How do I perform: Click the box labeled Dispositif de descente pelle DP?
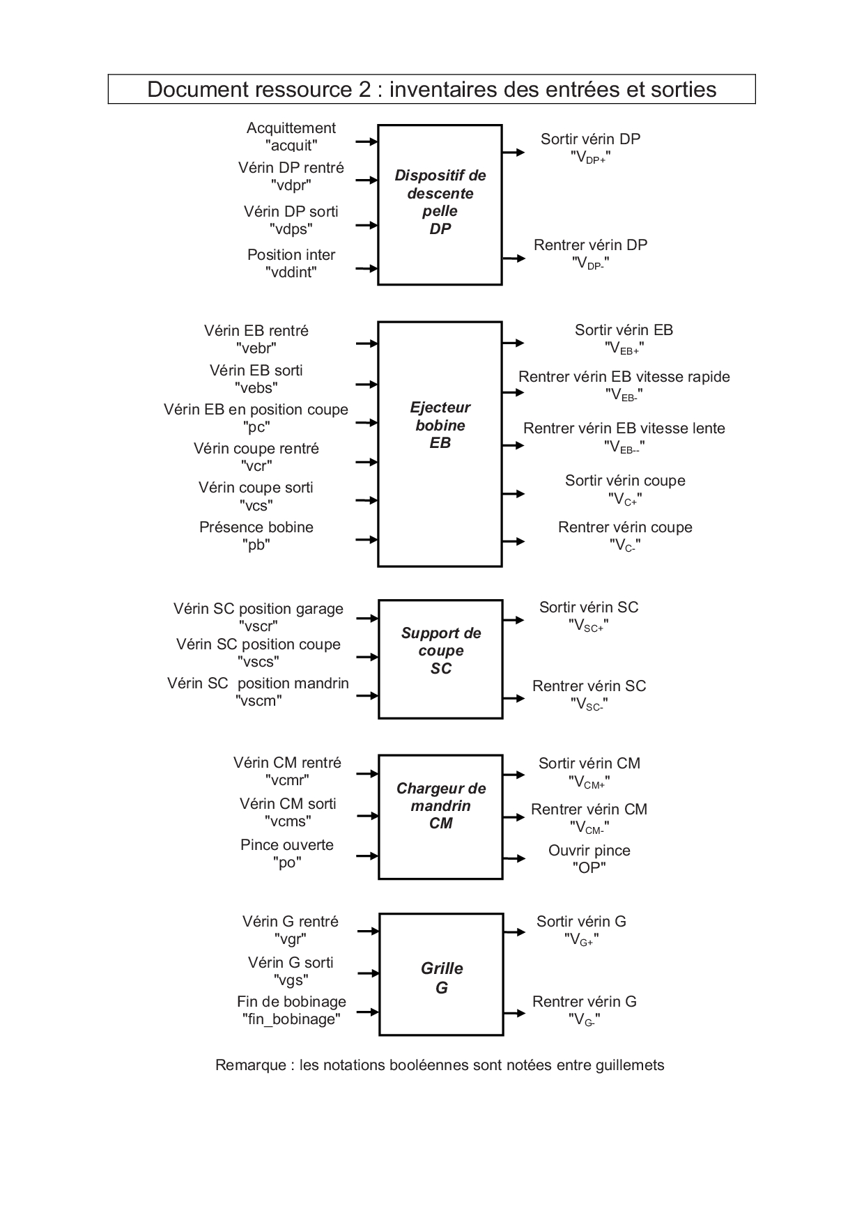pyautogui.click(x=440, y=204)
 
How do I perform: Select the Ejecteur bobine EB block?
pyautogui.click(x=440, y=444)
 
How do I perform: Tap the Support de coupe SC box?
pyautogui.click(x=440, y=658)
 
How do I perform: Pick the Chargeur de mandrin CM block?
pyautogui.click(x=440, y=816)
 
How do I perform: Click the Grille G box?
pyautogui.click(x=441, y=974)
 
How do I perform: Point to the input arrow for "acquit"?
pyautogui.click(x=367, y=141)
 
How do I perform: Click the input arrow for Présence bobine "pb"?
pyautogui.click(x=367, y=539)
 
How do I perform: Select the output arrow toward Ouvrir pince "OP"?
pyautogui.click(x=514, y=858)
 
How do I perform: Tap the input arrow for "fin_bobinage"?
pyautogui.click(x=368, y=1012)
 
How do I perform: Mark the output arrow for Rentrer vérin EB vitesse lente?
pyautogui.click(x=513, y=445)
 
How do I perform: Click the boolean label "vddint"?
pyautogui.click(x=291, y=272)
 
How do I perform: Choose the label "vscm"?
pyautogui.click(x=259, y=701)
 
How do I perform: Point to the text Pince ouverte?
pyautogui.click(x=287, y=845)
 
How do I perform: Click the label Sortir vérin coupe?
pyautogui.click(x=625, y=481)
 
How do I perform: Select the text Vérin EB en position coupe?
pyautogui.click(x=256, y=410)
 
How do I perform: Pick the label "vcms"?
pyautogui.click(x=288, y=821)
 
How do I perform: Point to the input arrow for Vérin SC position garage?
pyautogui.click(x=367, y=618)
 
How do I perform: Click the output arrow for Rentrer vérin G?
pyautogui.click(x=514, y=1013)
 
